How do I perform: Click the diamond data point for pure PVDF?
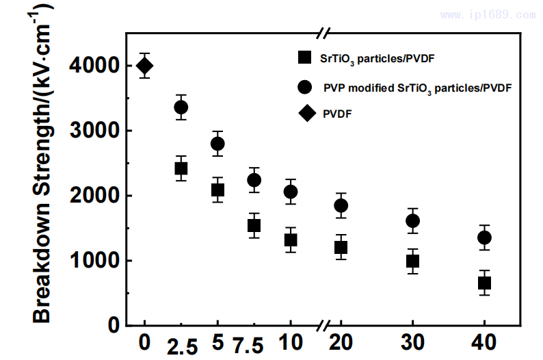(144, 66)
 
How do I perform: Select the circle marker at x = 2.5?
(181, 107)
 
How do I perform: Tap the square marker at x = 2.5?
(181, 168)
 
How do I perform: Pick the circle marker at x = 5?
(217, 144)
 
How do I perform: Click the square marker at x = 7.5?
(254, 225)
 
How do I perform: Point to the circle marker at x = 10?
(290, 192)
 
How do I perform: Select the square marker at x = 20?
(341, 247)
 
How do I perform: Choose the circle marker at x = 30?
(412, 220)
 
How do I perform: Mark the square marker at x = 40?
(484, 283)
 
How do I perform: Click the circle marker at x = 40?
(484, 237)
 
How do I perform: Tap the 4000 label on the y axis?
(93, 66)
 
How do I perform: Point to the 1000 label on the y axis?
(93, 261)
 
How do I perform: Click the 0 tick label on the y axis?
(111, 326)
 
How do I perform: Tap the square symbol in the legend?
(304, 58)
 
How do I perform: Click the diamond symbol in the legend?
(304, 114)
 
